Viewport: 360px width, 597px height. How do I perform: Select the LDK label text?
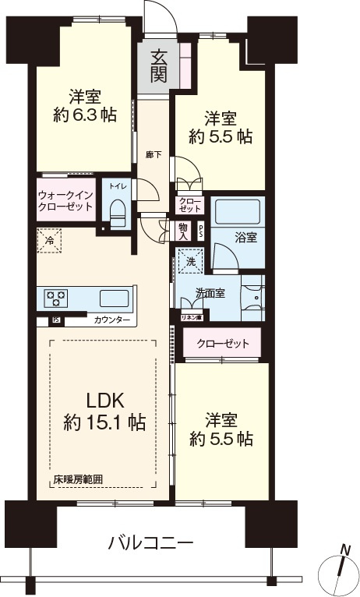click(x=104, y=401)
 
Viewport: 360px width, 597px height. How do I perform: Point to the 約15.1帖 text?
click(x=104, y=423)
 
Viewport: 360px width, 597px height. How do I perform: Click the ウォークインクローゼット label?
click(x=65, y=200)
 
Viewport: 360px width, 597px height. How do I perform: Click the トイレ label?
click(x=117, y=187)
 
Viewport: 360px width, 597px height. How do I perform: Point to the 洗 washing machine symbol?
click(x=191, y=262)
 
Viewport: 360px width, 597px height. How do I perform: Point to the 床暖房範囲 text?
click(x=78, y=480)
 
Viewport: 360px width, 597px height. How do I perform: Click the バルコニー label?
click(x=151, y=542)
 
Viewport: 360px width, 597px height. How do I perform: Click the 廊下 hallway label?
click(x=154, y=155)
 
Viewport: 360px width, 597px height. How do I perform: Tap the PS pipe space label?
click(x=201, y=230)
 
